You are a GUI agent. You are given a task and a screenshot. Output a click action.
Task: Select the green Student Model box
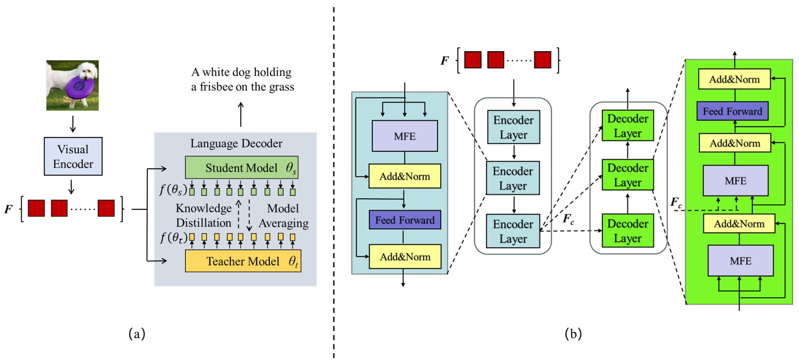pos(241,168)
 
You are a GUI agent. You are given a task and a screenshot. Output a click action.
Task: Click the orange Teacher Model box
pos(243,261)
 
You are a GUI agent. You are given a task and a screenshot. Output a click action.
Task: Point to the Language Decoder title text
pos(236,143)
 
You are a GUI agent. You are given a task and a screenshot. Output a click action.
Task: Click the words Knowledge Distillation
pos(203,215)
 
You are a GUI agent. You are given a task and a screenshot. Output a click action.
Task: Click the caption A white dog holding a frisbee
pos(242,79)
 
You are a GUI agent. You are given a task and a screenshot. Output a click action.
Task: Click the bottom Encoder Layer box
pos(513,231)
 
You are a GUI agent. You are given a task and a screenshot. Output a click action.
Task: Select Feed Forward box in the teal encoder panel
pos(404,220)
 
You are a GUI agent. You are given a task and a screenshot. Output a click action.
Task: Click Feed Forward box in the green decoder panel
pos(732,111)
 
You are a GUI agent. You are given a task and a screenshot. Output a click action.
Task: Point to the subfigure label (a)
pos(137,334)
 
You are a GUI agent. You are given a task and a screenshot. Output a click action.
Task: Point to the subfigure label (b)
pos(573,334)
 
